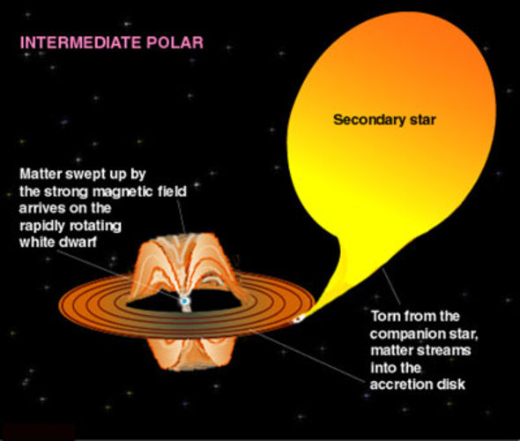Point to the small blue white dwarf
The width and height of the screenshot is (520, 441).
(x=184, y=302)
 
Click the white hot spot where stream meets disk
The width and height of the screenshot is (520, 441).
(x=298, y=318)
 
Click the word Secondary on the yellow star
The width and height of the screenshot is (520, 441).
(x=359, y=118)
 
